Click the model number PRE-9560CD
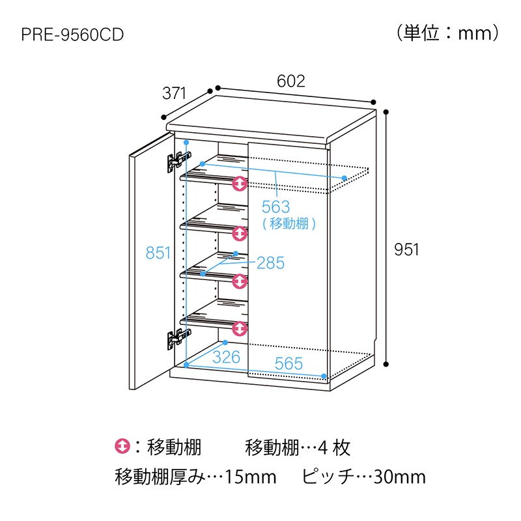point(72,35)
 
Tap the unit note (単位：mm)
point(447,33)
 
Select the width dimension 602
point(290,81)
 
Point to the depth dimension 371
point(174,93)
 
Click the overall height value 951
point(406,249)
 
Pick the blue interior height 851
point(158,253)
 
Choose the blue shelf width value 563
point(275,207)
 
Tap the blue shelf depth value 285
point(271,263)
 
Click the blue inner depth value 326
point(226,358)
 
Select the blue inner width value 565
point(289,363)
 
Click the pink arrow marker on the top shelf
point(240,184)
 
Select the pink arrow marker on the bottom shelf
point(240,329)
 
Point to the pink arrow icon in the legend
point(122,447)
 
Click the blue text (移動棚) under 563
point(289,223)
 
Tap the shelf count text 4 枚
point(333,448)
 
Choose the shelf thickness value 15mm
point(251,477)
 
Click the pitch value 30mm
point(400,477)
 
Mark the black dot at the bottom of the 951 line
point(386,365)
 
